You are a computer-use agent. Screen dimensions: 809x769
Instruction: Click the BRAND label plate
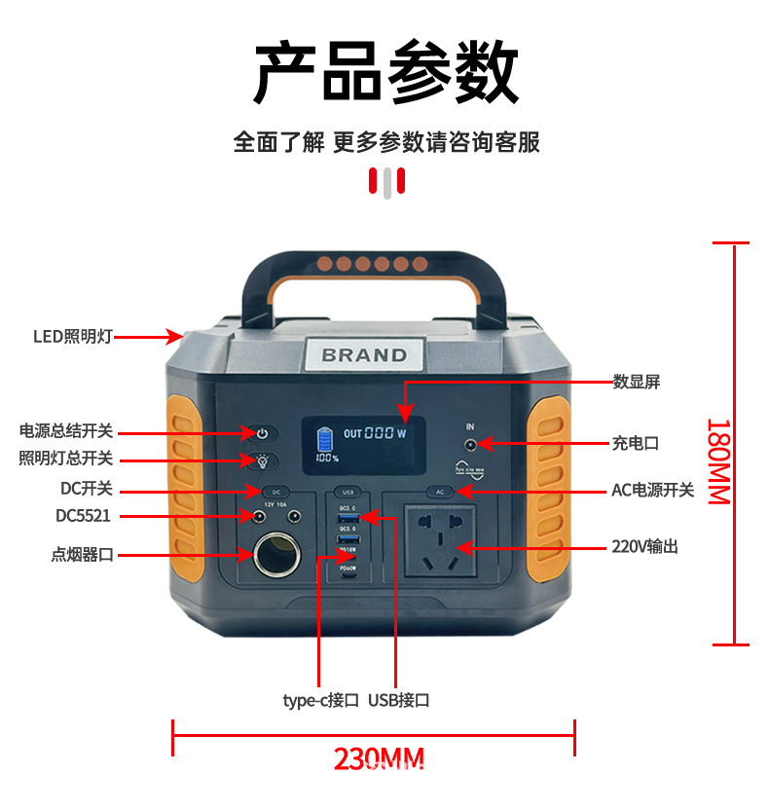(364, 354)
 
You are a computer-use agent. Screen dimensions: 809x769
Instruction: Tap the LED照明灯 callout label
(73, 337)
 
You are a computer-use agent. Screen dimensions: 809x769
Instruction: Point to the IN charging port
(470, 444)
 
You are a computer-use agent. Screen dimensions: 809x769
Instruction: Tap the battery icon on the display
(324, 438)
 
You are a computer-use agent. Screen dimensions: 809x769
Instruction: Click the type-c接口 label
(320, 700)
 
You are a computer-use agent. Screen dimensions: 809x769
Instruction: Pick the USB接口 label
(398, 700)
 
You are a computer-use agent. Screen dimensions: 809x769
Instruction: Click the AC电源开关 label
(652, 490)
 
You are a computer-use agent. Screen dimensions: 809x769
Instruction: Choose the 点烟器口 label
(83, 555)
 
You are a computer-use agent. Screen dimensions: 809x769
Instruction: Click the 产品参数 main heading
(385, 74)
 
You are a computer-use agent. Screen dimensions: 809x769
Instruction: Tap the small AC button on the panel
(440, 492)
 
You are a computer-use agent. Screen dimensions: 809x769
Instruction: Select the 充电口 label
(635, 443)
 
